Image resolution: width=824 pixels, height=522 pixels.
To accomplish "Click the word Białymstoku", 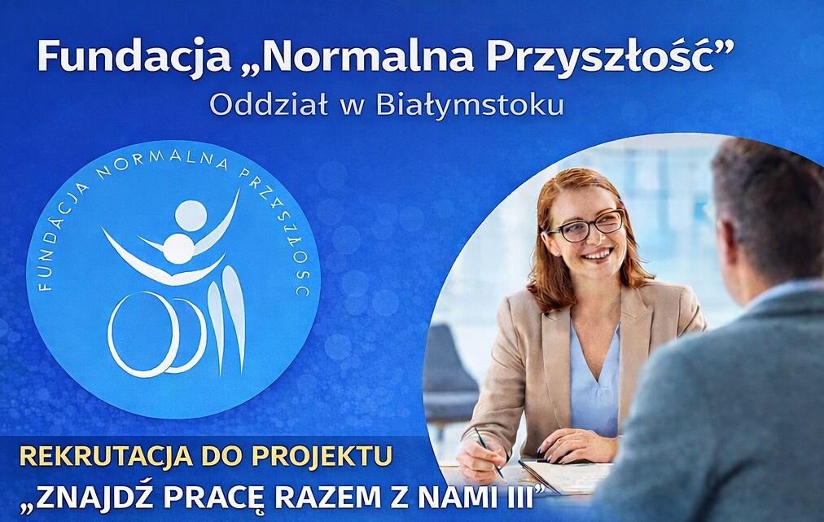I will coord(470,106).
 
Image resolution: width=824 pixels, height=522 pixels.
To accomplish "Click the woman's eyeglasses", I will coord(587,226).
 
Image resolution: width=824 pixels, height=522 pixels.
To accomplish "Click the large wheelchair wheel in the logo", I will coord(143,333).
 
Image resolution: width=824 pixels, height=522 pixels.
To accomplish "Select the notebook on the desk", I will coord(562,476).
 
